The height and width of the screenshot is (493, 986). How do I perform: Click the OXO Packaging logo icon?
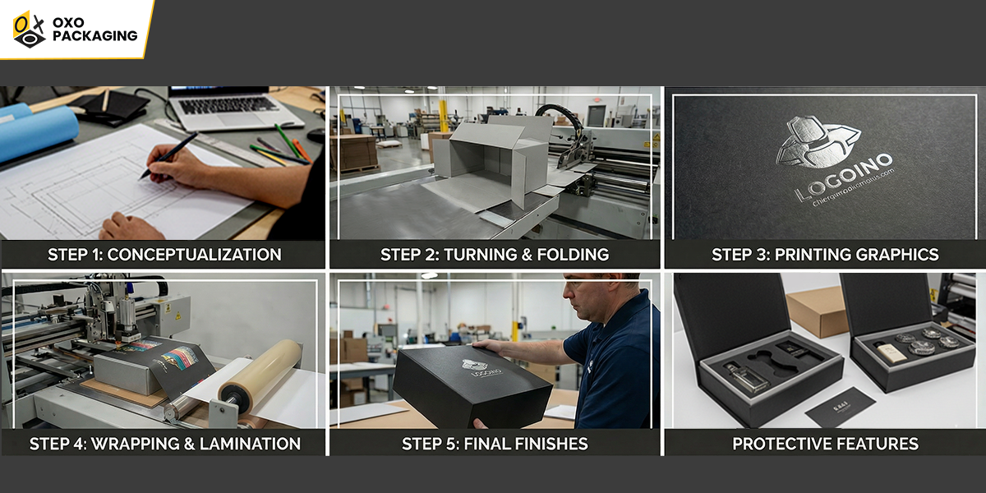coord(29,29)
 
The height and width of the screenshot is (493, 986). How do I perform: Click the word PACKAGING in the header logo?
coord(94,36)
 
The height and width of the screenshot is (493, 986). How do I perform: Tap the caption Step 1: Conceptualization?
coord(164,255)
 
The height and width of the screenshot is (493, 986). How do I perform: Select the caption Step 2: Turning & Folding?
coord(495,255)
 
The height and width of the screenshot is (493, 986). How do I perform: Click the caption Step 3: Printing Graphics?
coord(825,255)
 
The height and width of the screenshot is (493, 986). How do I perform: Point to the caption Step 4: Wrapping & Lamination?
coord(164,444)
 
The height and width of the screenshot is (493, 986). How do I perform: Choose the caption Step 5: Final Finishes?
coord(495,444)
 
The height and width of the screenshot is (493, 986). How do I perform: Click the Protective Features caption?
coord(825,444)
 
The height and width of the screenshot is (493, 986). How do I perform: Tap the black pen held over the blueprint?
coord(169,155)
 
